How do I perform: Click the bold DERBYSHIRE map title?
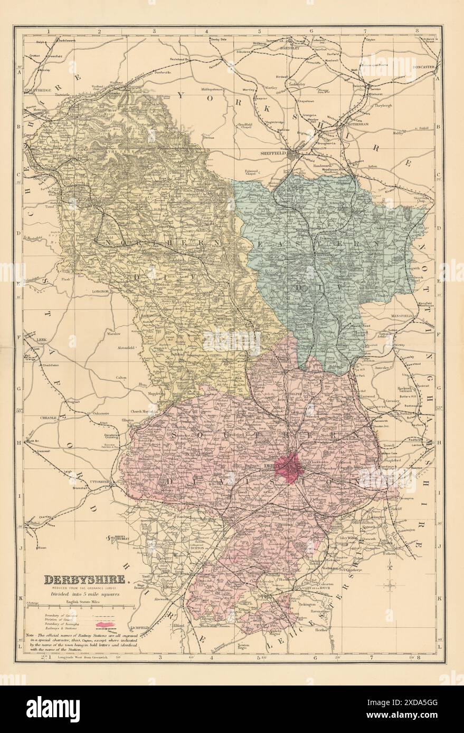click(85, 580)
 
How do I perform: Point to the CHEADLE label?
click(33, 417)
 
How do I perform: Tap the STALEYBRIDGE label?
click(37, 91)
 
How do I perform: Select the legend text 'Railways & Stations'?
click(60, 629)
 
